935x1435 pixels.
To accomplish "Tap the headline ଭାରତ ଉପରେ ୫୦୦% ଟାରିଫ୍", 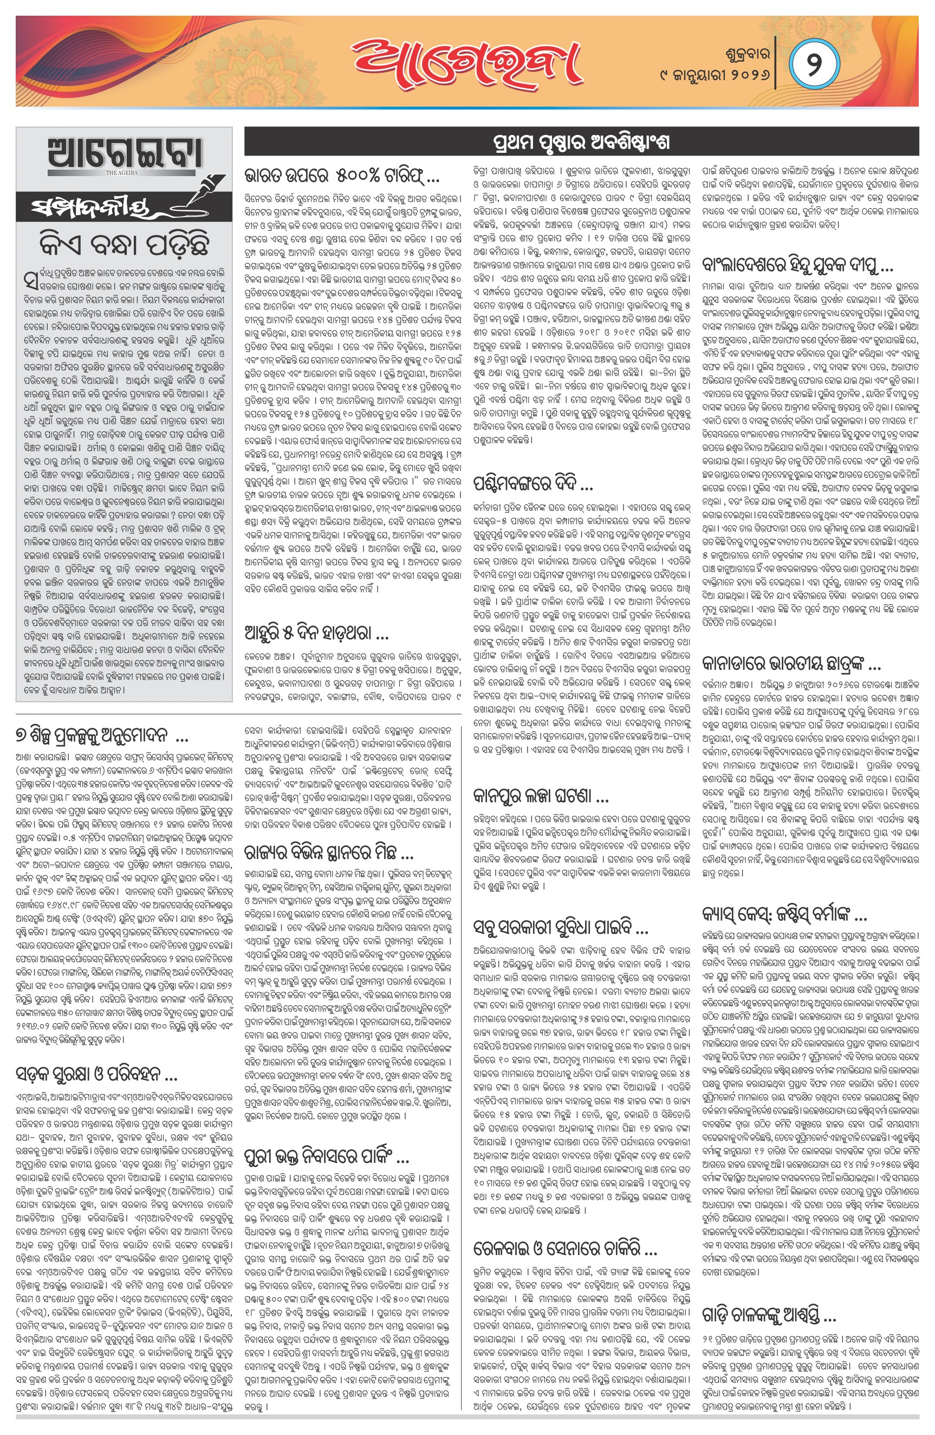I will point(342,176).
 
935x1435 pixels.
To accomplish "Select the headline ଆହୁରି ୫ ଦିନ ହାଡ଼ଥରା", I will point(316,633).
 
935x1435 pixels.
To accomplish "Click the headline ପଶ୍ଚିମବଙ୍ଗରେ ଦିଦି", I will point(534,483).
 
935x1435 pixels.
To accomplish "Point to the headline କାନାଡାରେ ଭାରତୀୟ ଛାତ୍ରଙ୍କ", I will point(791,665).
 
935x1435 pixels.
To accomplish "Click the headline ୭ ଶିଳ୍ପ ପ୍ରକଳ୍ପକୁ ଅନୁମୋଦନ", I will point(102,736).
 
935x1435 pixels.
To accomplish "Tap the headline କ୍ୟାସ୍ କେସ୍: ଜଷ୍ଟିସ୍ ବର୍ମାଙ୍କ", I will point(784,915).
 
